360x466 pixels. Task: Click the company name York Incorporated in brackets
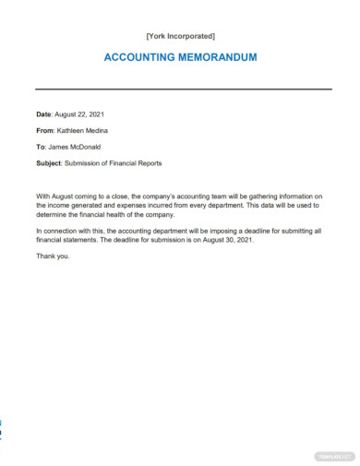tap(181, 36)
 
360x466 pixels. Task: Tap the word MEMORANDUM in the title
tap(221, 57)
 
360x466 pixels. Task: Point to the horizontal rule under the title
tap(183, 89)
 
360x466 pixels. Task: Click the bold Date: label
tap(45, 114)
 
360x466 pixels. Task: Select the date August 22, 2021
tap(81, 114)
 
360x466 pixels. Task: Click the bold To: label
tap(42, 147)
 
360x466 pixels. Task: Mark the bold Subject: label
tap(50, 163)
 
